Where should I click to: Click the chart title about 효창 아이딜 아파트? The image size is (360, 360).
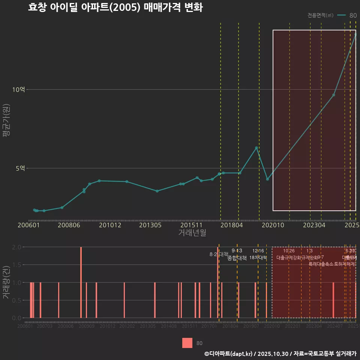pyautogui.click(x=115, y=8)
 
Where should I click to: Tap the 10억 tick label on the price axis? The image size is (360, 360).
pyautogui.click(x=18, y=90)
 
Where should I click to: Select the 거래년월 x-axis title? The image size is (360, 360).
pyautogui.click(x=192, y=233)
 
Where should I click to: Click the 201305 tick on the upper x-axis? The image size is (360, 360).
pyautogui.click(x=150, y=225)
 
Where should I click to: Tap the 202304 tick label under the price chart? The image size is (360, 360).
pyautogui.click(x=314, y=225)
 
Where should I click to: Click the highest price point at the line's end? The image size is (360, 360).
pyautogui.click(x=355, y=34)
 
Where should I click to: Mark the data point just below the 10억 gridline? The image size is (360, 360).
pyautogui.click(x=334, y=95)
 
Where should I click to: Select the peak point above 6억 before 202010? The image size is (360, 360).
pyautogui.click(x=256, y=148)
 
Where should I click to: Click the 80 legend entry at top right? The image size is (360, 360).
pyautogui.click(x=352, y=15)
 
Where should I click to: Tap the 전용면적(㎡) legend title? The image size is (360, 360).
pyautogui.click(x=320, y=15)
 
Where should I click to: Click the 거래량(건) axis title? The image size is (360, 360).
pyautogui.click(x=6, y=282)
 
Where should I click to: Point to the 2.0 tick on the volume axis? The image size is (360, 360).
pyautogui.click(x=16, y=247)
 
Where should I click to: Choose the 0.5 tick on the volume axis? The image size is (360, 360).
pyautogui.click(x=16, y=300)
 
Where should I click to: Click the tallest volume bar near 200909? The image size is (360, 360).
pyautogui.click(x=81, y=282)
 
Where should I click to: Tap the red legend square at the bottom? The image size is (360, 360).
pyautogui.click(x=187, y=343)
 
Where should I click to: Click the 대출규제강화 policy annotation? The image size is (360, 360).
pyautogui.click(x=288, y=258)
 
